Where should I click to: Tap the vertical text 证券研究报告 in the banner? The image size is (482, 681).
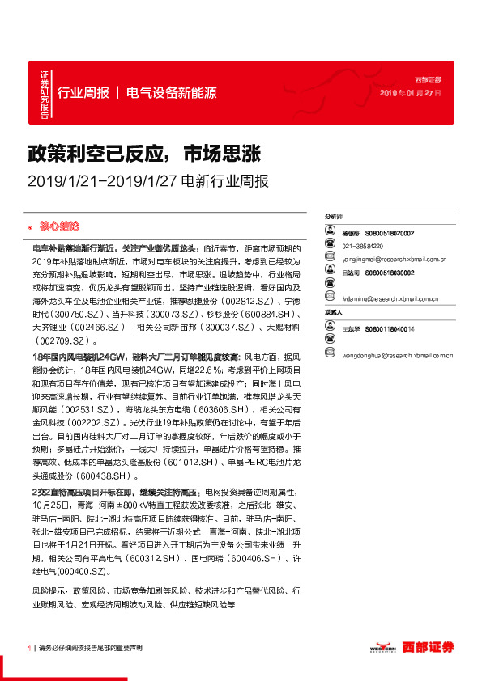click(x=45, y=92)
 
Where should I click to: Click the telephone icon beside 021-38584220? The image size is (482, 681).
click(x=330, y=246)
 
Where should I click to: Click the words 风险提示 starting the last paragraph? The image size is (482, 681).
click(x=47, y=591)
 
